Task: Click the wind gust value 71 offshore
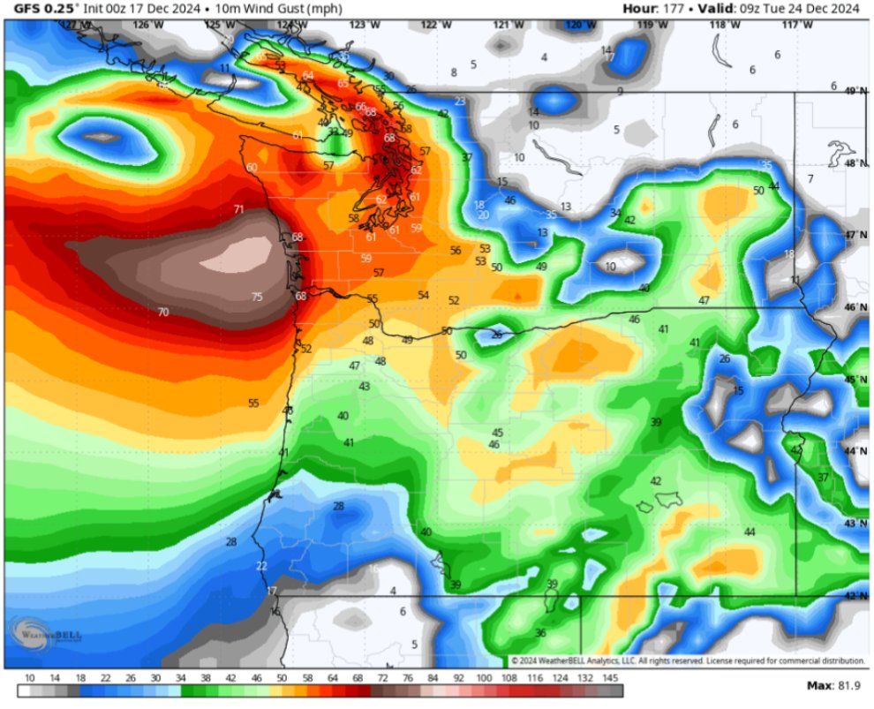pos(238,209)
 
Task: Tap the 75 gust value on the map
pos(257,298)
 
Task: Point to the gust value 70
pos(162,312)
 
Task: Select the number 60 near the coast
pos(252,167)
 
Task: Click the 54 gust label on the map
pos(424,295)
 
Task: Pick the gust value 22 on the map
pos(261,566)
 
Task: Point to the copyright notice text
pos(688,661)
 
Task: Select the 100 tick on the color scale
pos(485,678)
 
